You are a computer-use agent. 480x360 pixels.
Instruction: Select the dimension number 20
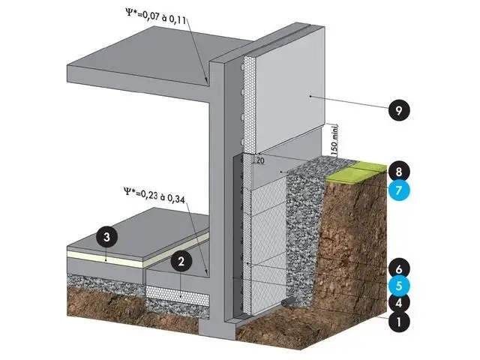(259, 160)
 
